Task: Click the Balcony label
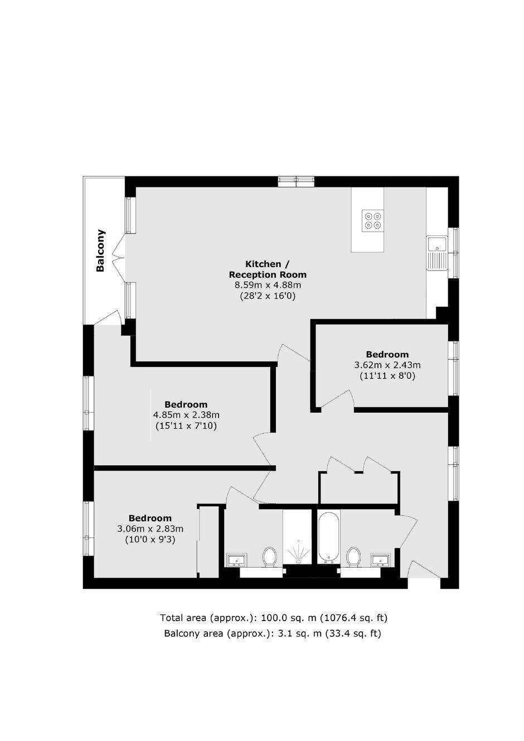pyautogui.click(x=100, y=250)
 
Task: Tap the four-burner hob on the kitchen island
pyautogui.click(x=373, y=221)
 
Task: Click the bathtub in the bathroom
pyautogui.click(x=329, y=538)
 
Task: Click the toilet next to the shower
pyautogui.click(x=269, y=557)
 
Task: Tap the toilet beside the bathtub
pyautogui.click(x=353, y=557)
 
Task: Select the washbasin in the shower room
pyautogui.click(x=236, y=560)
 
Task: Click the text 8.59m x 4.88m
pyautogui.click(x=268, y=285)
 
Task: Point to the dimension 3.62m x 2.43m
pyautogui.click(x=387, y=365)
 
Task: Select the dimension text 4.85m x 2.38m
pyautogui.click(x=186, y=415)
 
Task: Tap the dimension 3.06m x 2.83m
pyautogui.click(x=150, y=529)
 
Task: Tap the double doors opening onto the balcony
pyautogui.click(x=119, y=256)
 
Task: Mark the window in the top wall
pyautogui.click(x=296, y=182)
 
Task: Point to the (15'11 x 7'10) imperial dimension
pyautogui.click(x=186, y=426)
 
